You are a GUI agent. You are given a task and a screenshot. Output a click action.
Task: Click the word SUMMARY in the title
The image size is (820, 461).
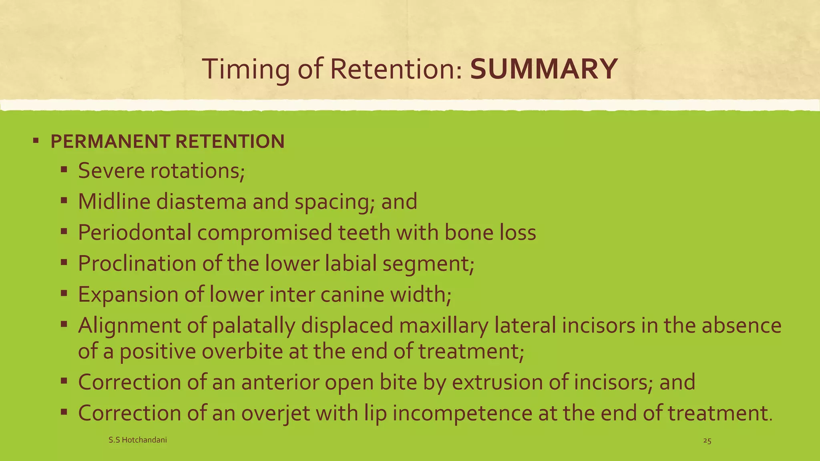pos(543,69)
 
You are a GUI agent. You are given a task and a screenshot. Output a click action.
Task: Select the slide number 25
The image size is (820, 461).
pos(707,441)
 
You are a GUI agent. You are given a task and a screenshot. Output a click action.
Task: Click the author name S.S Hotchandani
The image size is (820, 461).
pos(138,440)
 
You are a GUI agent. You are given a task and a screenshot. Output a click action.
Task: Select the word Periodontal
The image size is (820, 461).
pos(135,233)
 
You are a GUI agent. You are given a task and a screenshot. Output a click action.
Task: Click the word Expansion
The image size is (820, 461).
pos(128,295)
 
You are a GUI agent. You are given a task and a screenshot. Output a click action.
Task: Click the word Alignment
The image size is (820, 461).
pos(129,325)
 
